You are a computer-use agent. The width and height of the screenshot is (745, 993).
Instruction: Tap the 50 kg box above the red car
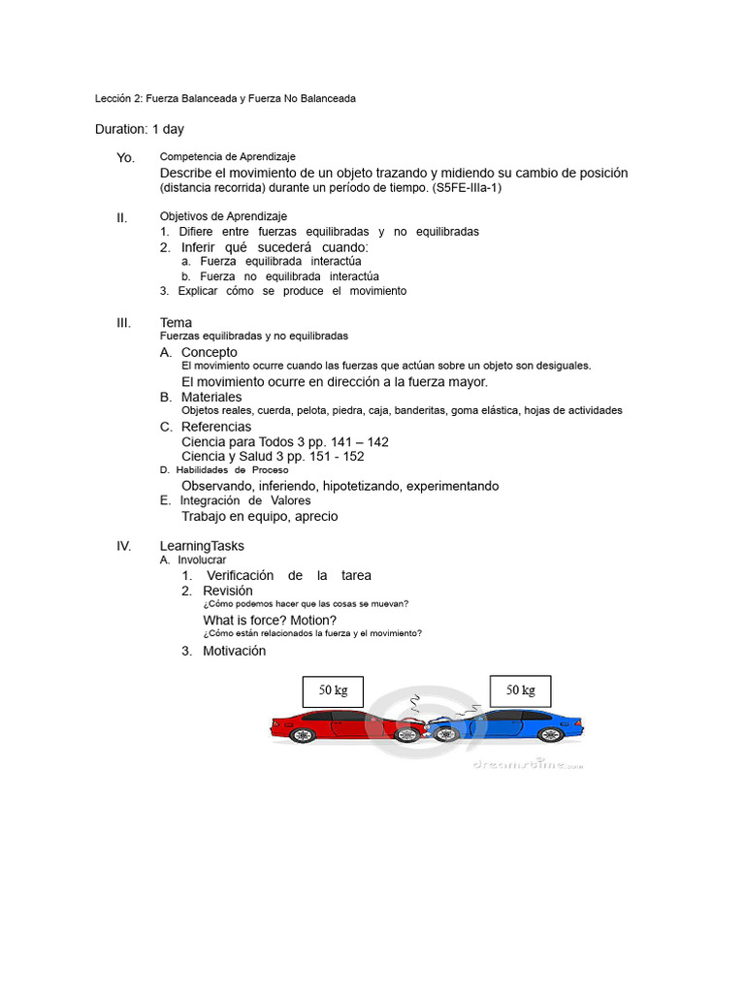(x=333, y=691)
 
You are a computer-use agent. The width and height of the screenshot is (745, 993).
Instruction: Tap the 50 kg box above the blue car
(x=520, y=690)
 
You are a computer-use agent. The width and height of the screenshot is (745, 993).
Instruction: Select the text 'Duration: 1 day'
(x=140, y=129)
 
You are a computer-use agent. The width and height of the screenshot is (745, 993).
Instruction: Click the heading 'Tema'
(x=176, y=322)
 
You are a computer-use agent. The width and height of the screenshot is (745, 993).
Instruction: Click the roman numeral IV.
(x=123, y=546)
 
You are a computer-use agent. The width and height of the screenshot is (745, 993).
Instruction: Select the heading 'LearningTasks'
(x=202, y=546)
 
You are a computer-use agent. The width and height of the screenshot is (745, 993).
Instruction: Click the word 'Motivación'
(x=234, y=651)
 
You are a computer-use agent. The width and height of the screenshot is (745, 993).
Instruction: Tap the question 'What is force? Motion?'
(x=270, y=620)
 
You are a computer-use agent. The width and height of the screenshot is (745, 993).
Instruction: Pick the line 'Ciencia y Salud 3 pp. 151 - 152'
(x=273, y=456)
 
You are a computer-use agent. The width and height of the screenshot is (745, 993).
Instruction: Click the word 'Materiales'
(x=211, y=397)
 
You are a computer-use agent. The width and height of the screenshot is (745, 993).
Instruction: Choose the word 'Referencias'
(x=215, y=427)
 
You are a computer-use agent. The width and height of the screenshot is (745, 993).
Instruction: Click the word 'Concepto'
(x=209, y=352)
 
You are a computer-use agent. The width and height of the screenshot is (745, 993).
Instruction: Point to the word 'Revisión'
(x=227, y=591)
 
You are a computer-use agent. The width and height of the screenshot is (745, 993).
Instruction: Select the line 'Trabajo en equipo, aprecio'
(x=259, y=516)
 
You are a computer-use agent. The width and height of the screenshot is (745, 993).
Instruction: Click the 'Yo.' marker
(x=125, y=158)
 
